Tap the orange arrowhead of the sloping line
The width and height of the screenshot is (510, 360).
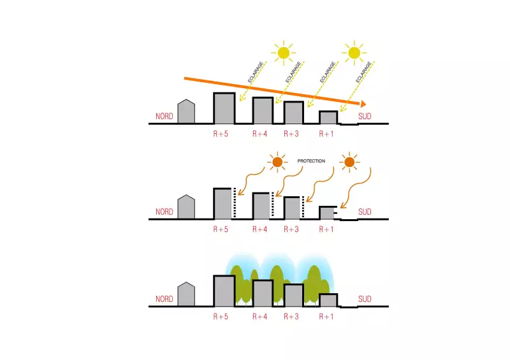(x=362, y=104)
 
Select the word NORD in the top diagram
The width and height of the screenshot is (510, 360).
(x=164, y=117)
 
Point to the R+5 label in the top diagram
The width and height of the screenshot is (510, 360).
(x=220, y=134)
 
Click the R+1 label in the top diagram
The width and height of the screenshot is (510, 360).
(x=326, y=134)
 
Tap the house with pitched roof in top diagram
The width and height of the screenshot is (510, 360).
(x=186, y=112)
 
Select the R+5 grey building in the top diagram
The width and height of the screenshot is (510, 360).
(x=224, y=108)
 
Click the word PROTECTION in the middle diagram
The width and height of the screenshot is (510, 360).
(x=312, y=161)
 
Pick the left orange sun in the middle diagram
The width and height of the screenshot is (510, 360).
(x=277, y=163)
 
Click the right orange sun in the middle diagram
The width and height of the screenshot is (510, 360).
(x=348, y=163)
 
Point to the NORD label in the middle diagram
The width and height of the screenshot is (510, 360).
(x=164, y=212)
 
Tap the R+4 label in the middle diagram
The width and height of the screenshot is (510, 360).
(x=259, y=229)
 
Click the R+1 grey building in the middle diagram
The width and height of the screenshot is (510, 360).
(x=326, y=213)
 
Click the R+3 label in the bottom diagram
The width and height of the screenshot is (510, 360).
(x=291, y=317)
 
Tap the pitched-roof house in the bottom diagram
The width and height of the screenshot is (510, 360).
(x=186, y=295)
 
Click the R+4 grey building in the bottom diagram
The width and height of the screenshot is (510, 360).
(x=263, y=293)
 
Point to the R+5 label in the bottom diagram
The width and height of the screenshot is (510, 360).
(x=220, y=317)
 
